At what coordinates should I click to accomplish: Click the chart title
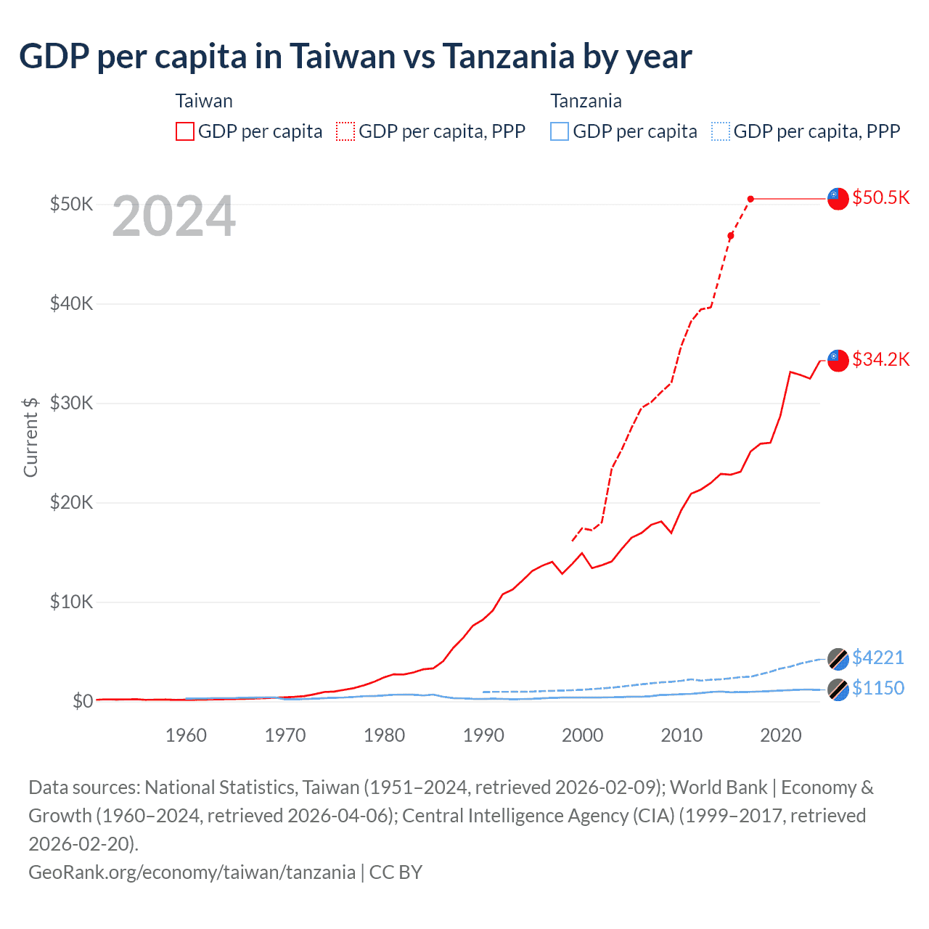click(356, 57)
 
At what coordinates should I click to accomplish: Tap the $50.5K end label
click(880, 198)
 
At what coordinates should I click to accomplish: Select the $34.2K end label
click(880, 359)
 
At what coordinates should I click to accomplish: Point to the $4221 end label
click(878, 658)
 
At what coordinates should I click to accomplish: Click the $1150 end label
click(878, 688)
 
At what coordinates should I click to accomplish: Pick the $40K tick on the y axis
click(71, 303)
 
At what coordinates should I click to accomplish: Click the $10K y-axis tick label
click(71, 602)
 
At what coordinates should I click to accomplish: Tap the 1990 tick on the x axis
click(483, 735)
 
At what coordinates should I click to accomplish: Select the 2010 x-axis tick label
click(682, 735)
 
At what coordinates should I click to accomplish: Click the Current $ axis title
click(30, 437)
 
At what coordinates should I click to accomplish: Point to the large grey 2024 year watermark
click(174, 216)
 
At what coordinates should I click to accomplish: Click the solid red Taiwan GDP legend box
click(185, 131)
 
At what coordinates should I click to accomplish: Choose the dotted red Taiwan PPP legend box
click(345, 131)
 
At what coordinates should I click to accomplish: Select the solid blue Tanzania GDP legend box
click(560, 131)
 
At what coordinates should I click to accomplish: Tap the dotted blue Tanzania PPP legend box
click(721, 131)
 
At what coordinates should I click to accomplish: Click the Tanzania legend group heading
click(586, 101)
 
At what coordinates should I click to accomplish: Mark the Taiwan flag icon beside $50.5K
click(838, 198)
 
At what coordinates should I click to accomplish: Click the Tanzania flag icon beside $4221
click(838, 658)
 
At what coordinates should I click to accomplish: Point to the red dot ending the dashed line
click(750, 199)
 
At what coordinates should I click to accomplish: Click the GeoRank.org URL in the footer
click(192, 872)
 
